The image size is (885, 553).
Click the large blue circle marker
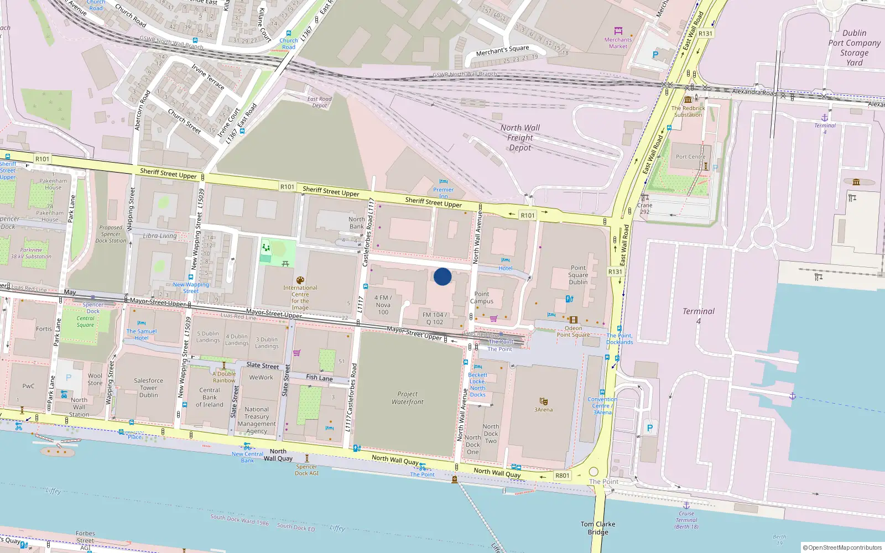point(442,276)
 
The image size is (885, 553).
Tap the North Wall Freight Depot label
point(520,138)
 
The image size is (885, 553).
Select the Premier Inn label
point(443,192)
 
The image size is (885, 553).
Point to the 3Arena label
point(543,410)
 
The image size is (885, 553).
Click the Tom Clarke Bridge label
point(598,528)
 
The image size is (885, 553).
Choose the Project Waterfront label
point(408,398)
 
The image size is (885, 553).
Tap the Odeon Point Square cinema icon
point(573,320)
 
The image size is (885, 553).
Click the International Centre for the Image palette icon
point(300,280)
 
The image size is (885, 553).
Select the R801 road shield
point(562,476)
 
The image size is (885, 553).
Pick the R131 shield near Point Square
point(615,272)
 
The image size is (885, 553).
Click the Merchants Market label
point(618,43)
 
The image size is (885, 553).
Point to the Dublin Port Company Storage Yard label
point(854,48)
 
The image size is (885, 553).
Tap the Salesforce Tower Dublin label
point(148,388)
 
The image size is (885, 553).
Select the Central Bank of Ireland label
point(210,397)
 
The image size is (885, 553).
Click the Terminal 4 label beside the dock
point(699,316)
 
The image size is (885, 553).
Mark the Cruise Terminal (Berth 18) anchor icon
point(686,505)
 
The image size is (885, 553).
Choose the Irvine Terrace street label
point(208,77)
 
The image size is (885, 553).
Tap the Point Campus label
point(481,298)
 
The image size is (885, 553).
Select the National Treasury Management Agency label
point(257,420)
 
